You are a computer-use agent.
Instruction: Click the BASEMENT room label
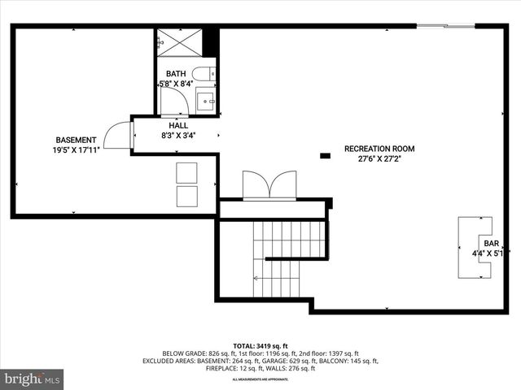[76, 140]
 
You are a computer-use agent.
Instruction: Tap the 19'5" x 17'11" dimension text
[76, 150]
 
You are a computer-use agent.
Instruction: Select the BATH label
[176, 74]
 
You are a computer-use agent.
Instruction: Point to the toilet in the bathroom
[206, 73]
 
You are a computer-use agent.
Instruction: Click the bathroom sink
[206, 102]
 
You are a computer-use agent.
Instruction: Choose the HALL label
[178, 126]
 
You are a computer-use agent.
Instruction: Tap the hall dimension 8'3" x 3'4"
[178, 136]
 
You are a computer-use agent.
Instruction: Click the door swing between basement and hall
[118, 135]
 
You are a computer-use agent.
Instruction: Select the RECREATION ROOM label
[379, 149]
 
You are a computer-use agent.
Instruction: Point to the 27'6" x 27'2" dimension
[379, 159]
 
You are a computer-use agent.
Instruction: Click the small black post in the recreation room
[326, 154]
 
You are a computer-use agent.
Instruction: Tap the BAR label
[491, 243]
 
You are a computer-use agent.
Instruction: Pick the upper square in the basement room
[186, 172]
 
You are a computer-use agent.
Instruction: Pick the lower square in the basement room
[186, 196]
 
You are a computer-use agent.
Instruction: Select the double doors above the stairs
[270, 185]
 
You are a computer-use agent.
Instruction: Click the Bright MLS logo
[33, 379]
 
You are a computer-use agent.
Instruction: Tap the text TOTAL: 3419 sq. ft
[260, 345]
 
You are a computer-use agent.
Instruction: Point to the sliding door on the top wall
[445, 26]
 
